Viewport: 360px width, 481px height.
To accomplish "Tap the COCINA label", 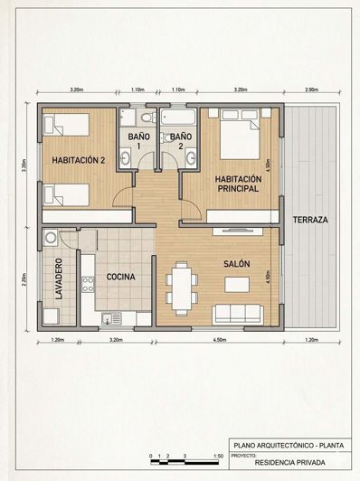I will [x=121, y=277].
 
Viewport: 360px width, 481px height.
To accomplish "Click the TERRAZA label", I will [x=309, y=220].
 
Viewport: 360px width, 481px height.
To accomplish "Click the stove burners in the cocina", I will [x=88, y=284].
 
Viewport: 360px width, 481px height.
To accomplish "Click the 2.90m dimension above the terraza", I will [x=310, y=90].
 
